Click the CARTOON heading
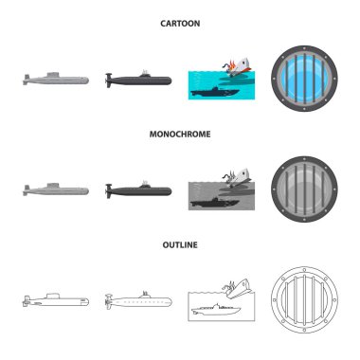[x=180, y=24]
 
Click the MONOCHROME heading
[x=180, y=134]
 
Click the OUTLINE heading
[x=180, y=244]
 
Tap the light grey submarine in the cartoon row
[x=56, y=80]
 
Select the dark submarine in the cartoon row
[x=138, y=80]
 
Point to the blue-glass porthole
[x=304, y=78]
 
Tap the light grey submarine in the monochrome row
[x=56, y=189]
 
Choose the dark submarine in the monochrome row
[x=138, y=190]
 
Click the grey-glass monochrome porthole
[x=304, y=189]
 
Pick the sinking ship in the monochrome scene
[x=239, y=177]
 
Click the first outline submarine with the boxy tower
[x=56, y=300]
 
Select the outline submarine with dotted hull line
[x=138, y=301]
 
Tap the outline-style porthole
[x=304, y=299]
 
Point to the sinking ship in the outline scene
[x=239, y=288]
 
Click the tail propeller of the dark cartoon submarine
[x=109, y=81]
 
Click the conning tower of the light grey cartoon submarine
[x=53, y=75]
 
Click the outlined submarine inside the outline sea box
[x=216, y=310]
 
